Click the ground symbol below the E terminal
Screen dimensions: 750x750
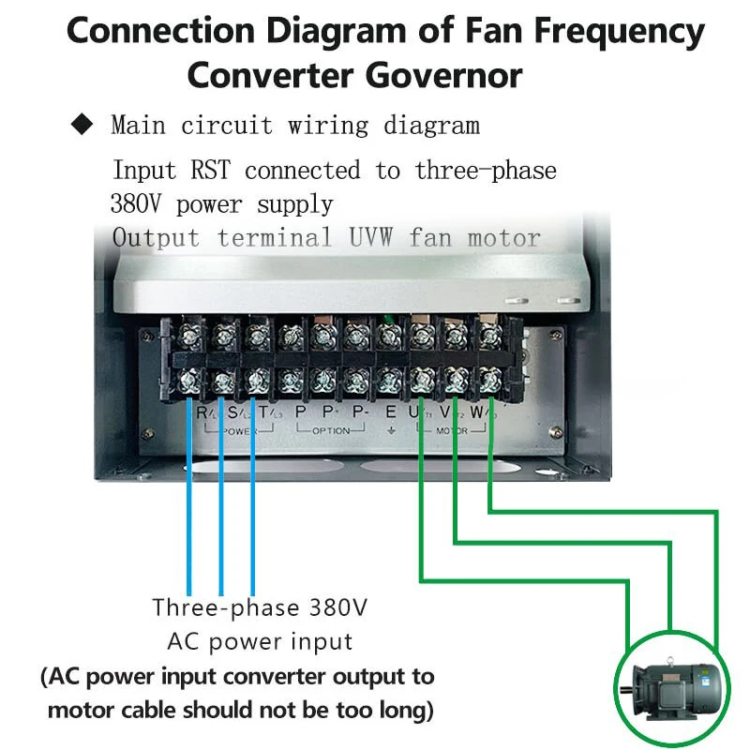point(390,431)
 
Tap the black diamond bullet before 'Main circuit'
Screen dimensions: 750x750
point(83,123)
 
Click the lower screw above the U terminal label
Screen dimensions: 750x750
point(419,380)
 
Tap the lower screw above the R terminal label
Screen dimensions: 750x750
point(188,380)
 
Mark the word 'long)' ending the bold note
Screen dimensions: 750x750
point(400,710)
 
